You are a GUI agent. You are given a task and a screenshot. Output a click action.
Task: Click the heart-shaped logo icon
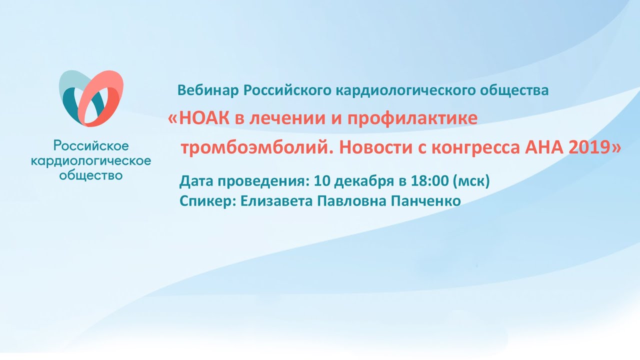[91, 98]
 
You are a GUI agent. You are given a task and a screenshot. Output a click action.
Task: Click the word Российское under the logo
[91, 146]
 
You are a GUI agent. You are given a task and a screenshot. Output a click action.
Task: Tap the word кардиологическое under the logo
[91, 161]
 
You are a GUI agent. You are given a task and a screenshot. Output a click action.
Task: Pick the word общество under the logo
[91, 175]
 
